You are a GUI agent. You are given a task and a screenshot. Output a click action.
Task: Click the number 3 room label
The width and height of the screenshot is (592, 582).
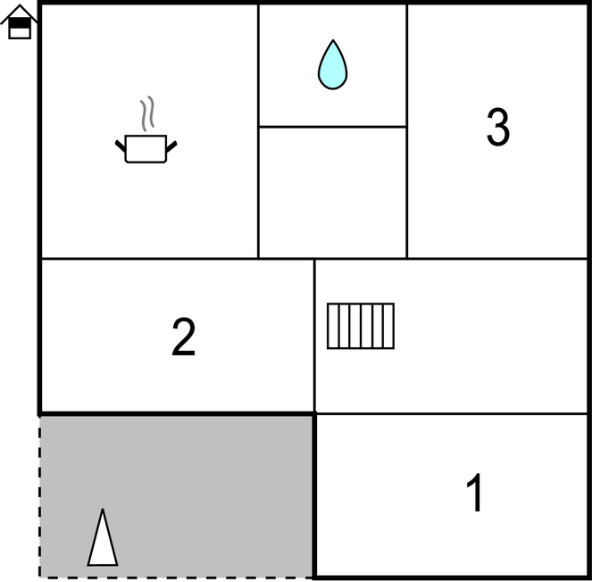(x=498, y=127)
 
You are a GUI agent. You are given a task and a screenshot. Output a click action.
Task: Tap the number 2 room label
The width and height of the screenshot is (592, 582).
(x=184, y=337)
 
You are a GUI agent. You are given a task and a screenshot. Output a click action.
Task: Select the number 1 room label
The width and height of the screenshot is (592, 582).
(x=474, y=492)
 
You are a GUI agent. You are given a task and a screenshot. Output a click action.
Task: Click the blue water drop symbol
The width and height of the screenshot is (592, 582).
(x=333, y=65)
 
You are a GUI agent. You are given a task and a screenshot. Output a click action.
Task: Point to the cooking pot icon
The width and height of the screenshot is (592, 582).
(x=146, y=148)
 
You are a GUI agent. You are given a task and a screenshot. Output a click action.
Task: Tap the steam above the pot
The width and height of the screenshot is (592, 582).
(x=147, y=113)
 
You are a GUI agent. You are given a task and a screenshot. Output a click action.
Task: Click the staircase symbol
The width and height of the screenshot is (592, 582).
(x=361, y=326)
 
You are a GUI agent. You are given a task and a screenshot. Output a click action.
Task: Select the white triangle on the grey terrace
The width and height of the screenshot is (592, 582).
(x=103, y=537)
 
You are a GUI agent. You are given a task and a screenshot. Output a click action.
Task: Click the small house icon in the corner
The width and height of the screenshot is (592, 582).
(x=19, y=21)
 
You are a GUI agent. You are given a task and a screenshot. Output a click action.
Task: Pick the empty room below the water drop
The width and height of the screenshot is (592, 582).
(x=333, y=193)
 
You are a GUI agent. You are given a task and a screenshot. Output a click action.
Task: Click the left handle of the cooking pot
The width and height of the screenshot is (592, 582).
(x=121, y=146)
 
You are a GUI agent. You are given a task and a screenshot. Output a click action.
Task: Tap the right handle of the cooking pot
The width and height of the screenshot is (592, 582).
(x=171, y=146)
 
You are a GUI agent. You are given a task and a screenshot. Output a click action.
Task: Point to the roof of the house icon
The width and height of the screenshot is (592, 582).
(x=19, y=13)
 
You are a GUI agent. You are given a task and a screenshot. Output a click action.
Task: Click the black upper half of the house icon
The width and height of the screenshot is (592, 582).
(x=20, y=23)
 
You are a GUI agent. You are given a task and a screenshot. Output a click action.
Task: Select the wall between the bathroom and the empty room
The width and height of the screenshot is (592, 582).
(x=333, y=127)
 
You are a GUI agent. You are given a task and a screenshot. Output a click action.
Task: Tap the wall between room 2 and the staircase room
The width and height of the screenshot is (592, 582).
(x=314, y=336)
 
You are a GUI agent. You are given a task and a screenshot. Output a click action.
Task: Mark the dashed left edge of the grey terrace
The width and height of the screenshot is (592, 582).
(x=39, y=496)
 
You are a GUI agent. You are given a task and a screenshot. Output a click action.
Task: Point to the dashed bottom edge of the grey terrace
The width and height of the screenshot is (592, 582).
(x=176, y=578)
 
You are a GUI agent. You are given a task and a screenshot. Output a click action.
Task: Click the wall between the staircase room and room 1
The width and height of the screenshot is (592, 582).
(x=451, y=414)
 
